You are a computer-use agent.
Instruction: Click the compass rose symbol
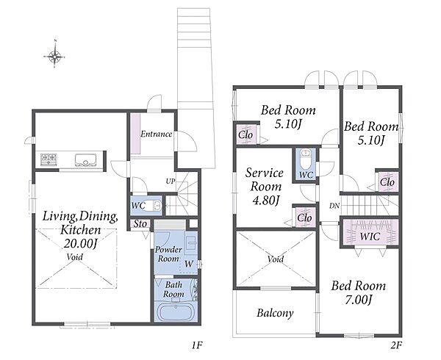tap(55, 56)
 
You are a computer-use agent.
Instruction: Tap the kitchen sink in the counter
tap(86, 160)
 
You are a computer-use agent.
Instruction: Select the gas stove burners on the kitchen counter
tap(49, 159)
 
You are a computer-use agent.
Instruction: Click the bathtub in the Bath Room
tap(175, 312)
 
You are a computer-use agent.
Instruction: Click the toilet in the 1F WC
tap(154, 206)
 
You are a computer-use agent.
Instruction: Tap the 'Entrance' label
tap(157, 134)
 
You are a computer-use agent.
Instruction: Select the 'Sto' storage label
tap(140, 224)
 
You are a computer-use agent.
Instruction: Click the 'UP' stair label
tap(171, 181)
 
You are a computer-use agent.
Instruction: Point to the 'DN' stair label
tap(334, 206)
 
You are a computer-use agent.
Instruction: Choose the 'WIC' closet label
tap(370, 237)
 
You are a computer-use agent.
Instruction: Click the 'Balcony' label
tap(275, 313)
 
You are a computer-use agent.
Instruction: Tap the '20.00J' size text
tap(80, 243)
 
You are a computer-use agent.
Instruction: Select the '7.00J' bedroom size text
tap(359, 300)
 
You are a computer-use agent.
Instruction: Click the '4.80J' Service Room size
tap(266, 201)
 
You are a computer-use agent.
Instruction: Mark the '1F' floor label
tap(197, 345)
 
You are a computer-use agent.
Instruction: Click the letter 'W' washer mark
tap(189, 264)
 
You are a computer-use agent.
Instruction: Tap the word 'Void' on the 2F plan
tap(276, 259)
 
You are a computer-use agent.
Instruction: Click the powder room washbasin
tap(191, 242)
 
